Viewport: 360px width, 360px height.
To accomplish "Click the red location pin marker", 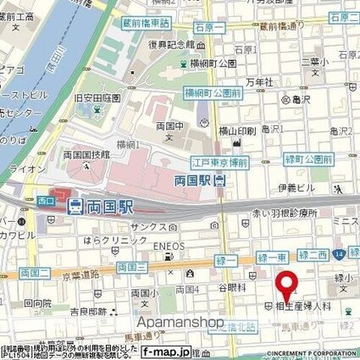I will pos(288,284).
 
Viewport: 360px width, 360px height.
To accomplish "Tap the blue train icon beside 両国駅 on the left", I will pos(75,205).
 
